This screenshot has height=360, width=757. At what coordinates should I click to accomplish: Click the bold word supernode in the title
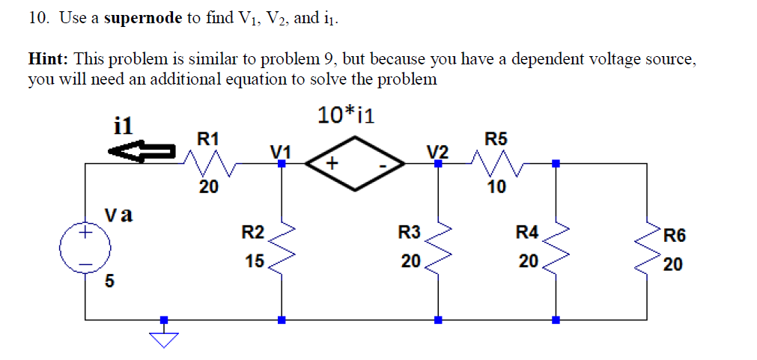(143, 19)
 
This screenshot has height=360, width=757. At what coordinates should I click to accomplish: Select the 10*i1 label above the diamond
(346, 115)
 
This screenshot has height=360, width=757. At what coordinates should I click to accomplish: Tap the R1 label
(207, 138)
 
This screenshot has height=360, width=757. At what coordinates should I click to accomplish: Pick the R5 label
(496, 138)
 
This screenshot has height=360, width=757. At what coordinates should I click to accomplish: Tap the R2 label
(252, 233)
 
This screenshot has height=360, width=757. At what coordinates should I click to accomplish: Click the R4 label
(527, 233)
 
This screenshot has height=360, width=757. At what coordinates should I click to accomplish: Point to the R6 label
(673, 237)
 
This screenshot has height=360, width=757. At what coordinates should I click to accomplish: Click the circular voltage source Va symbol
(85, 246)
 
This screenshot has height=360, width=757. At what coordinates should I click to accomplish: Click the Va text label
(118, 216)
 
